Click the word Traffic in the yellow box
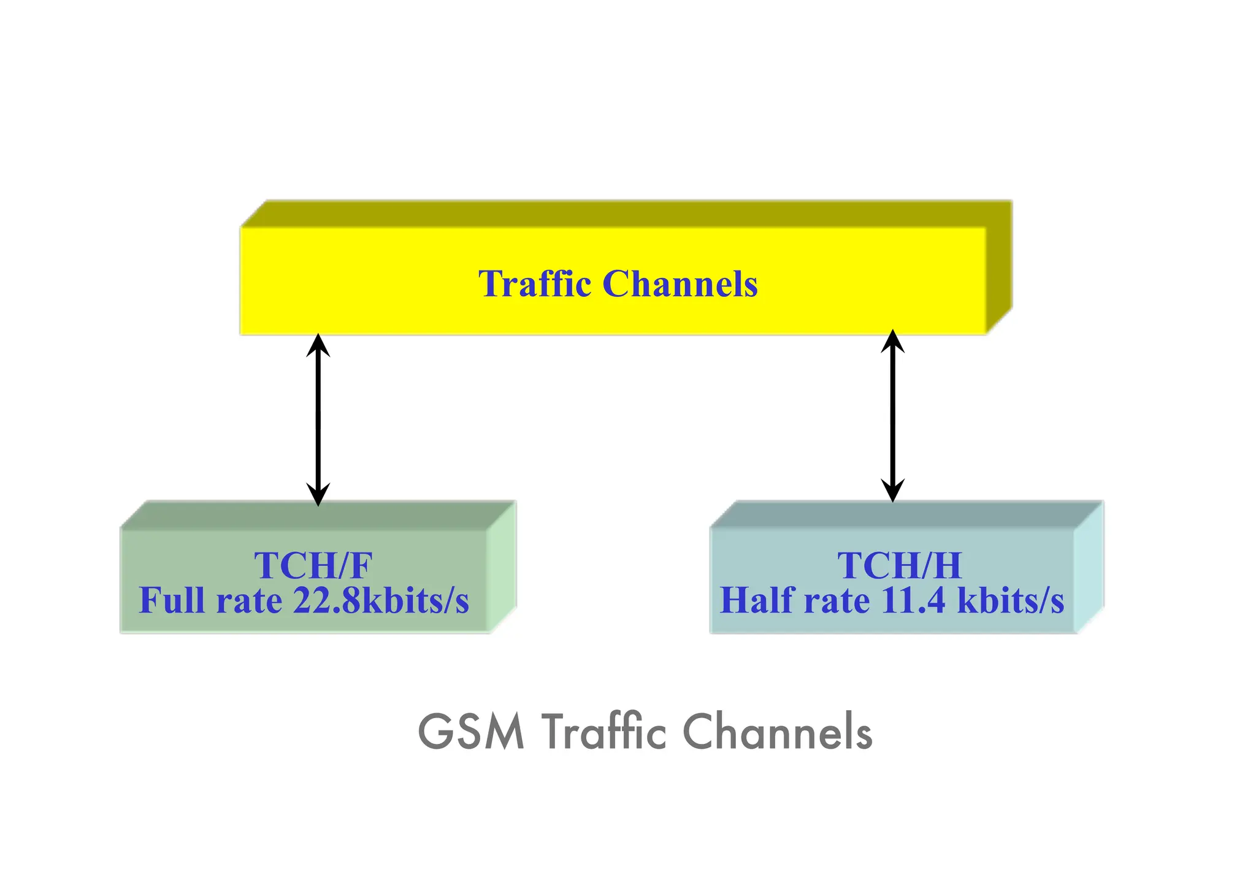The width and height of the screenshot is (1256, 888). [x=535, y=284]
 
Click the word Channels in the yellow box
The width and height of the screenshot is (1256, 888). [x=680, y=284]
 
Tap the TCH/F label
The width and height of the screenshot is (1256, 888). [x=313, y=565]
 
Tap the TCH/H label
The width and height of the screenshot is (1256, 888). [x=899, y=565]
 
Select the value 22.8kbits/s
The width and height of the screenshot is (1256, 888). [x=381, y=600]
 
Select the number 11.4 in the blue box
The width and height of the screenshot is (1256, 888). [x=913, y=600]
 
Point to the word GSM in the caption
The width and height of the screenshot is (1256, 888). [x=471, y=732]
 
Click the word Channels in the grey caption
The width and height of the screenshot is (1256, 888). [x=777, y=732]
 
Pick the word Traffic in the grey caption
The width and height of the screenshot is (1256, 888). [x=603, y=732]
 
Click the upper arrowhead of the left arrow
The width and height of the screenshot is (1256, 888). [x=318, y=344]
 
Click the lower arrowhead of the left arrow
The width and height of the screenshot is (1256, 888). [x=318, y=495]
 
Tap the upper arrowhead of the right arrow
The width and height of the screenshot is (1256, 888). [x=892, y=340]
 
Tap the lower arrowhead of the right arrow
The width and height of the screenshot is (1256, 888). [x=892, y=492]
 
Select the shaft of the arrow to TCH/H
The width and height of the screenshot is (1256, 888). [x=892, y=417]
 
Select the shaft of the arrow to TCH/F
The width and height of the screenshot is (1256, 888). [x=318, y=420]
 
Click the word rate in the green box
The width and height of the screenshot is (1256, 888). [x=248, y=600]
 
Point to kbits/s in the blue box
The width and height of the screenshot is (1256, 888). [x=1010, y=600]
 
